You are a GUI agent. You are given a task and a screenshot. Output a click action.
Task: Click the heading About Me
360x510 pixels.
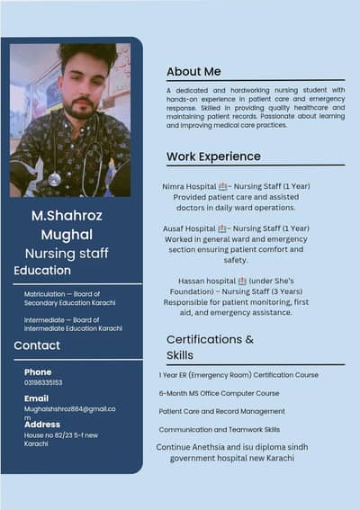pos(193,71)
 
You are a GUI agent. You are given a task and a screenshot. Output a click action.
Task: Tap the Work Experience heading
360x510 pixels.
pos(213,157)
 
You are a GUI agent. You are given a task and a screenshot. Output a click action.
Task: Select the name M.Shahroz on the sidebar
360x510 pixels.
pos(67,216)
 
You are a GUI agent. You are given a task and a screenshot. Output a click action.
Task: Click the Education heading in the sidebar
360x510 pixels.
pos(42,270)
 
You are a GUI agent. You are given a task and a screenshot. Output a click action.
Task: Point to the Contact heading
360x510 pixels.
pos(37,345)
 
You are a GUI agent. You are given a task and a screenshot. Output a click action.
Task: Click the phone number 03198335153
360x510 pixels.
pos(43,382)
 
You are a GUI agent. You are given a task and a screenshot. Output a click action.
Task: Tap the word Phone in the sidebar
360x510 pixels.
pos(38,371)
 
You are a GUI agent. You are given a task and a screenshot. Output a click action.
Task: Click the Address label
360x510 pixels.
pos(42,425)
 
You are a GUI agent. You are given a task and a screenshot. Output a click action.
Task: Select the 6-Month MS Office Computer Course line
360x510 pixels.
pos(219,393)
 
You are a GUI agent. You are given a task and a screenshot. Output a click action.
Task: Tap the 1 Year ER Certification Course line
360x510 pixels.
pos(238,374)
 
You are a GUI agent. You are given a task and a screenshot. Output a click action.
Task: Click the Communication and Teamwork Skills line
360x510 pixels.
pos(219,430)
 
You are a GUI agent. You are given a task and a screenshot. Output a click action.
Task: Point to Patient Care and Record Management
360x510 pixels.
pos(221,411)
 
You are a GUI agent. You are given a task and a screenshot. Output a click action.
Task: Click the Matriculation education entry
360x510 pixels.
pos(62,299)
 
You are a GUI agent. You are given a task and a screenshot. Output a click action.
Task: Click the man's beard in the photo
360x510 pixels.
pos(82,110)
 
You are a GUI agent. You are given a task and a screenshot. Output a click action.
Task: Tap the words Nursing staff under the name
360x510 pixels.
pos(67,254)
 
